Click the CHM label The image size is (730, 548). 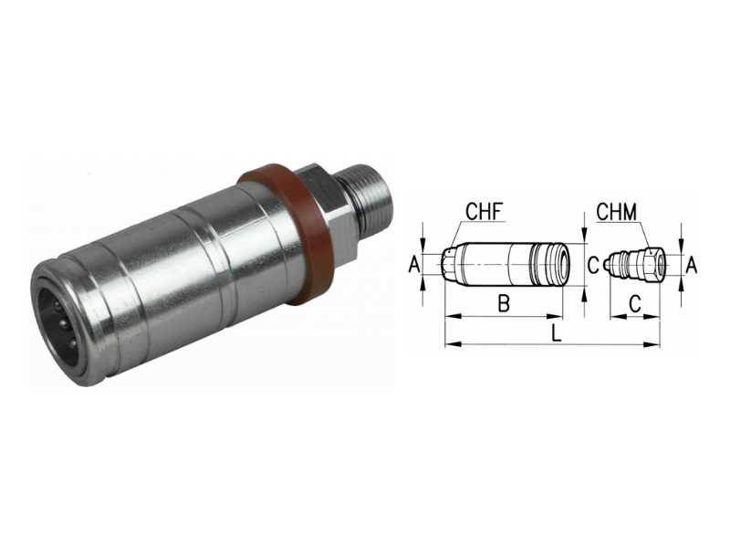coord(619,213)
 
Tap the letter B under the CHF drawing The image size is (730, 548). coord(503,305)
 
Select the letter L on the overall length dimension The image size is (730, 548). coord(556,332)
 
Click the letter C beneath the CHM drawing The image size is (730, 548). coord(635,305)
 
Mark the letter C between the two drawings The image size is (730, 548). coord(592,265)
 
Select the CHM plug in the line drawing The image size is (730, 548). coord(635,263)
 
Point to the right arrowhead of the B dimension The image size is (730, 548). coord(574,317)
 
